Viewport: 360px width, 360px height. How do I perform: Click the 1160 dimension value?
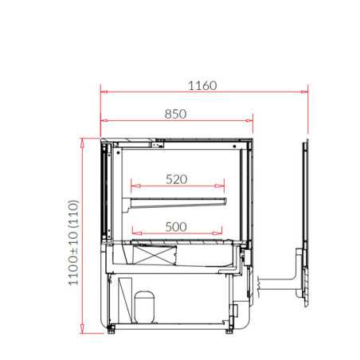point(202,86)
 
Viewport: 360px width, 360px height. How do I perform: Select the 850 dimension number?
point(175,114)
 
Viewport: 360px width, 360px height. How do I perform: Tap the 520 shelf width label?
point(177,179)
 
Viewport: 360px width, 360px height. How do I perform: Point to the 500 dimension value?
point(176,227)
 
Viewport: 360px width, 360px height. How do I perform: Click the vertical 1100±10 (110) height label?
point(73,243)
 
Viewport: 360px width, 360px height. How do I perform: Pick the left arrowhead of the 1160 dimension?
point(104,92)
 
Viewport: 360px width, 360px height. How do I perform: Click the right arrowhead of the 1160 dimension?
point(304,92)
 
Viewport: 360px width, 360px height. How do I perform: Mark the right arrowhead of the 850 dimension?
point(249,121)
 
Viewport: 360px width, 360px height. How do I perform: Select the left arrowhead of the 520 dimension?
point(135,186)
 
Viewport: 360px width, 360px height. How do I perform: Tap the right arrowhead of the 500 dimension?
point(217,233)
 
